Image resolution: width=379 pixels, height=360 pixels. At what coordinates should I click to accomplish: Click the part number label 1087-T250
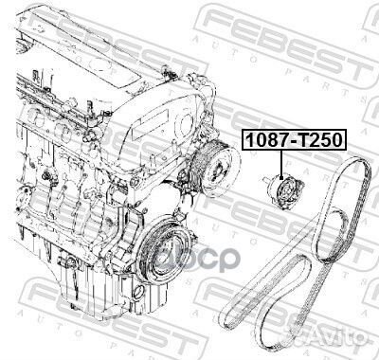coord(294,139)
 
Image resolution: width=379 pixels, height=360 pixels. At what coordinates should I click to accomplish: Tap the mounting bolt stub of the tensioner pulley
coord(265,181)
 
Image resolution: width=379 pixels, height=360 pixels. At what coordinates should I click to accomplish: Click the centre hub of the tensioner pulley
coord(288,193)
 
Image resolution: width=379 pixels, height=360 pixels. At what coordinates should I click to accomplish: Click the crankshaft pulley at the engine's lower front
coord(162,250)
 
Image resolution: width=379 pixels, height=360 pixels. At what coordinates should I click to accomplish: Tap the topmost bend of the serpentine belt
coord(357,158)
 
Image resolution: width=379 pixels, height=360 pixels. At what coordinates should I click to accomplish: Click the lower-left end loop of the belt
coord(225,316)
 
